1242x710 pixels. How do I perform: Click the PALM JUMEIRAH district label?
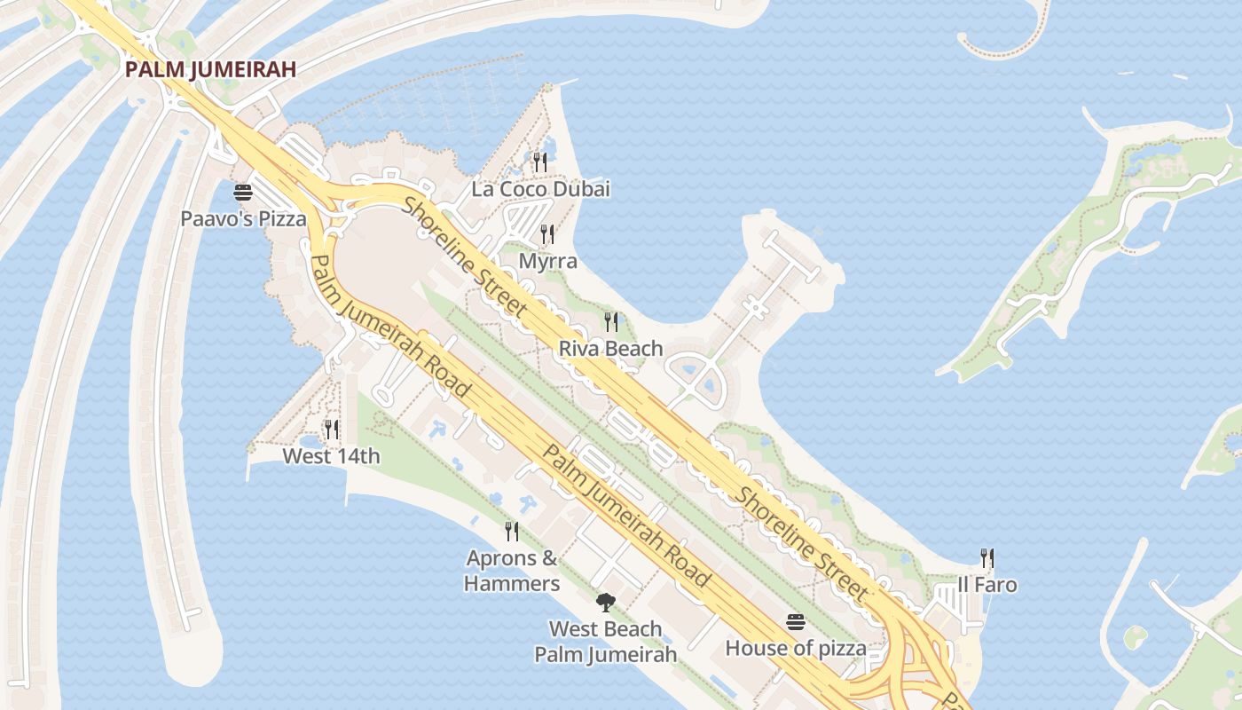209,69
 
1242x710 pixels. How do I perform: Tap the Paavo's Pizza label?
243,218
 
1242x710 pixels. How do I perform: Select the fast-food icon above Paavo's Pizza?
243,192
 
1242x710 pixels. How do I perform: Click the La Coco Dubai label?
540,189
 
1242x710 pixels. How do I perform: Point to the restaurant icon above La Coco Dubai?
539,162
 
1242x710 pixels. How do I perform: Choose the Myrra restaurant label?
547,261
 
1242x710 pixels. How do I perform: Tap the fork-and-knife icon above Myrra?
547,234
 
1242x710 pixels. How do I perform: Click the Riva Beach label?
610,349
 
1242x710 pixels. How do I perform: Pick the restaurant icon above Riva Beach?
610,321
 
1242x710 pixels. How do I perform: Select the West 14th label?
331,456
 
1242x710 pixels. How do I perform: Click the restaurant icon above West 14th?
331,430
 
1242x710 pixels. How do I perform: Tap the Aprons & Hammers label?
512,571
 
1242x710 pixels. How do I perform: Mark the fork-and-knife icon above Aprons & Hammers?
512,531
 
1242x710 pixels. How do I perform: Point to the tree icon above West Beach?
605,603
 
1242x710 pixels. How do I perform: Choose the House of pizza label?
796,648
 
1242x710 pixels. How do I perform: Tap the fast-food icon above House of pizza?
795,621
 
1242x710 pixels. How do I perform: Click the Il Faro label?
987,585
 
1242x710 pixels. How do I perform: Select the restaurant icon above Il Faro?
987,557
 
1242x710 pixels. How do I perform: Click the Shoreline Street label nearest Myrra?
465,257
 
